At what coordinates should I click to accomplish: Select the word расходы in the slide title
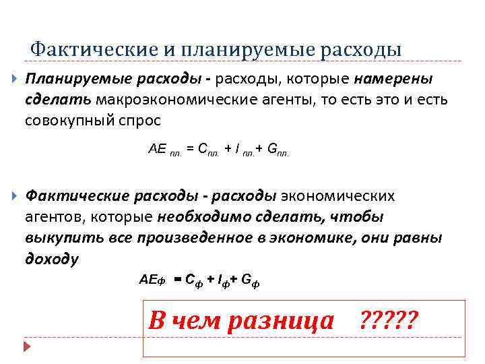(x=363, y=49)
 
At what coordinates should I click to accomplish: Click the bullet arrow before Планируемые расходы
(x=15, y=79)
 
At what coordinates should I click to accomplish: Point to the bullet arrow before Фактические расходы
(x=15, y=196)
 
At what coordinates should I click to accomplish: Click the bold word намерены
(x=393, y=79)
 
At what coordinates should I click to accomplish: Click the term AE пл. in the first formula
(x=164, y=149)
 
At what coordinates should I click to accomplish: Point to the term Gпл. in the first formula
(x=278, y=150)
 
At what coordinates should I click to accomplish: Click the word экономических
(x=337, y=196)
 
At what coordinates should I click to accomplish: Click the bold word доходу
(x=52, y=260)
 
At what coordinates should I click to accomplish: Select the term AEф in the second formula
(x=152, y=278)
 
